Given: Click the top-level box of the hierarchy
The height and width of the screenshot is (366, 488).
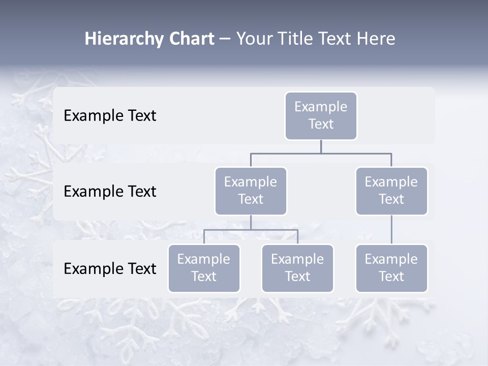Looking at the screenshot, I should click(x=321, y=116).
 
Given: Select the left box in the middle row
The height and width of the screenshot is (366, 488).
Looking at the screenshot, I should click(x=251, y=191).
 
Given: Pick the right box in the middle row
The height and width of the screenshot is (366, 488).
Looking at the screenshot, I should click(x=391, y=191).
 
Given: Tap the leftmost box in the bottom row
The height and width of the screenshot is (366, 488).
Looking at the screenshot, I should click(x=204, y=268).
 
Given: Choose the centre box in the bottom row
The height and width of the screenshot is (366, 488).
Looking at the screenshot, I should click(x=297, y=268).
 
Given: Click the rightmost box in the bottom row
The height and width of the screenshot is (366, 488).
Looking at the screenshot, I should click(x=391, y=268).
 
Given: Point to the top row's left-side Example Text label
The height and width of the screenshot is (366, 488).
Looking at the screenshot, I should click(x=110, y=116).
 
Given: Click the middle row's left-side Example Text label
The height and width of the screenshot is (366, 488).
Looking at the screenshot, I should click(x=110, y=192).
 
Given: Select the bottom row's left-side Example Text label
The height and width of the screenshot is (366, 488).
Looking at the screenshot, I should click(x=110, y=268).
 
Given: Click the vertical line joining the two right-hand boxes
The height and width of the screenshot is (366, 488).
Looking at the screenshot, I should click(x=391, y=230).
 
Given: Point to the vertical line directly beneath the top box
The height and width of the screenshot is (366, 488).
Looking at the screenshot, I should click(x=321, y=146).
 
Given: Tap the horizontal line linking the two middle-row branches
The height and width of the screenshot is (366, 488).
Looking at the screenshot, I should click(x=321, y=153).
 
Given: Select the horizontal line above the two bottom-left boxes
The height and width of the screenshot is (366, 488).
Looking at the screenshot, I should click(x=251, y=230).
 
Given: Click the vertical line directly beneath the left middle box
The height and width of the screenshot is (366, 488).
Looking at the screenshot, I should click(x=251, y=222).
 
